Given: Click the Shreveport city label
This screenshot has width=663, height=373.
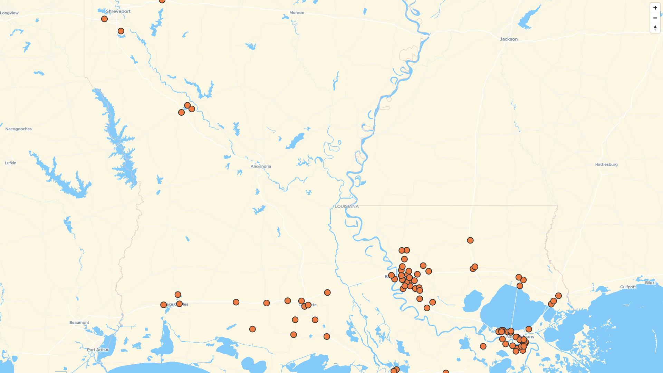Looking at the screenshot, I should coord(118,11).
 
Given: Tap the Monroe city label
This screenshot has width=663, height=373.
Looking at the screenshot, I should coord(297,13).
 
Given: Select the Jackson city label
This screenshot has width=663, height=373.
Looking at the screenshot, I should coord(509,39).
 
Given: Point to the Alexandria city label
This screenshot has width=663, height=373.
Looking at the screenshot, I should coord(261,166).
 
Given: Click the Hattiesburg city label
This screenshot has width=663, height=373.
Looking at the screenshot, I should coord(606,164).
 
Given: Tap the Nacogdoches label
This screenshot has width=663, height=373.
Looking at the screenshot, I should coord(19,129).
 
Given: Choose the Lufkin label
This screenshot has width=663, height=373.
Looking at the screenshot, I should coord(11,163).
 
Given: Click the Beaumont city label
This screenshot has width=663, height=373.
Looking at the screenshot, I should coord(79,323).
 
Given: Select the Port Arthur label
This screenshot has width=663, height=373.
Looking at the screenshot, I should coord(98,350).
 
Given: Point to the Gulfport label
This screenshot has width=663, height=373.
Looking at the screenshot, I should coord(628,287).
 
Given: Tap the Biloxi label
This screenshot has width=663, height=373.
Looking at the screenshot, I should coord(650,283).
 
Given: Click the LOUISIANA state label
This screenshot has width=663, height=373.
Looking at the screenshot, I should coord(347,207).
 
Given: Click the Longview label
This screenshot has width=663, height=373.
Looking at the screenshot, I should coord(9,13).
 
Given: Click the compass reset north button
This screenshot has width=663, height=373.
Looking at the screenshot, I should coord(655,28).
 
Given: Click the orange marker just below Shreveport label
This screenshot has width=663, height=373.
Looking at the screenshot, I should coord(104,19).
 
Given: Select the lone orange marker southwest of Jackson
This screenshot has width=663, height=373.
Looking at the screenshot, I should coord(470,240).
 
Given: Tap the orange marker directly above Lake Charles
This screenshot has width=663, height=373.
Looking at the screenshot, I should coord(178,295).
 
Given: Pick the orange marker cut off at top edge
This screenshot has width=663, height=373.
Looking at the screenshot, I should coord(162,1).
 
